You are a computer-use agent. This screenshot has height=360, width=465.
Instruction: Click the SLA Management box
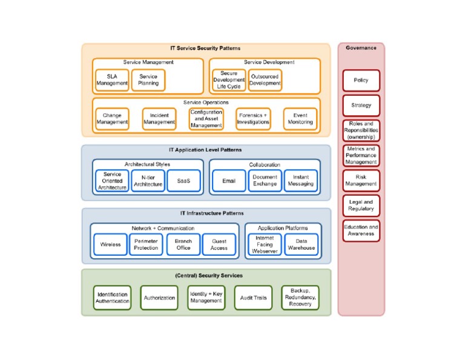coord(112,80)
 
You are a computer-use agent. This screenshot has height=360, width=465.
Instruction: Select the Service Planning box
coord(148,80)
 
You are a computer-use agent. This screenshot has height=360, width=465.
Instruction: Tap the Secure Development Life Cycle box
coord(229,80)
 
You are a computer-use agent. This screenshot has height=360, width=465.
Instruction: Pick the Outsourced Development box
coord(265,80)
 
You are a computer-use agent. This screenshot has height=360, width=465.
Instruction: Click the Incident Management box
coord(159,119)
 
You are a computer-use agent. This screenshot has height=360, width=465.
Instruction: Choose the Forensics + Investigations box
coord(253,119)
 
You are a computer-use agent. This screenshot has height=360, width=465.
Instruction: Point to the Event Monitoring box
coord(300,119)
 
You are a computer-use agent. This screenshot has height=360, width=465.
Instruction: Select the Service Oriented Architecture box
coord(112,181)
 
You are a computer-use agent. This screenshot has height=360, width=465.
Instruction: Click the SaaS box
coord(183,181)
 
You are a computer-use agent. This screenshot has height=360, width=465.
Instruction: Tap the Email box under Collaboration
coord(229,181)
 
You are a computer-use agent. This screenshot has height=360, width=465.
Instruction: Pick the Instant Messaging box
coord(301,181)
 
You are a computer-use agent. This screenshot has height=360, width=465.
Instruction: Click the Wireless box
coord(110,244)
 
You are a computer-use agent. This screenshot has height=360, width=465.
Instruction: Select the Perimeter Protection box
coord(146,244)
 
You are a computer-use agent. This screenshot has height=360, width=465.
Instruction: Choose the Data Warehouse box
coord(301,244)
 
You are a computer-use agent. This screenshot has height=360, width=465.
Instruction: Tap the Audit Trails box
coord(253,298)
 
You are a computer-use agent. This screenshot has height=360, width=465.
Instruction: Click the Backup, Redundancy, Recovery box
coord(300,298)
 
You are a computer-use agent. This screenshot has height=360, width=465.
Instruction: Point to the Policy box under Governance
coord(361,80)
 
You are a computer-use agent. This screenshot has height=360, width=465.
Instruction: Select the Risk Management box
coord(361,181)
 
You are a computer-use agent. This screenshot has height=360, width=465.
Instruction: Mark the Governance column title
coord(361,48)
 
